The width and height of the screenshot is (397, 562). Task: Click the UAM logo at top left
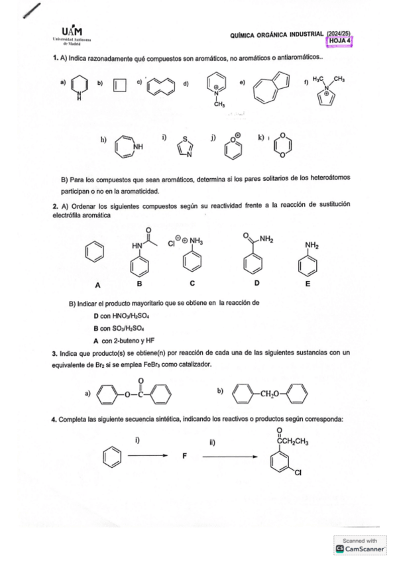point(72,33)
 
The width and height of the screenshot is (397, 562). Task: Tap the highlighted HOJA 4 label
point(341,40)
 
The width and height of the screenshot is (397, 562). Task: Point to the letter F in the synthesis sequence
point(185,457)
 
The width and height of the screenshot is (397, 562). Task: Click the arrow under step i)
point(144,457)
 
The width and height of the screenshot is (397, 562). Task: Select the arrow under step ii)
point(229,457)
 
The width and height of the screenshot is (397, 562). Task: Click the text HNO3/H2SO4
point(125,315)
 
